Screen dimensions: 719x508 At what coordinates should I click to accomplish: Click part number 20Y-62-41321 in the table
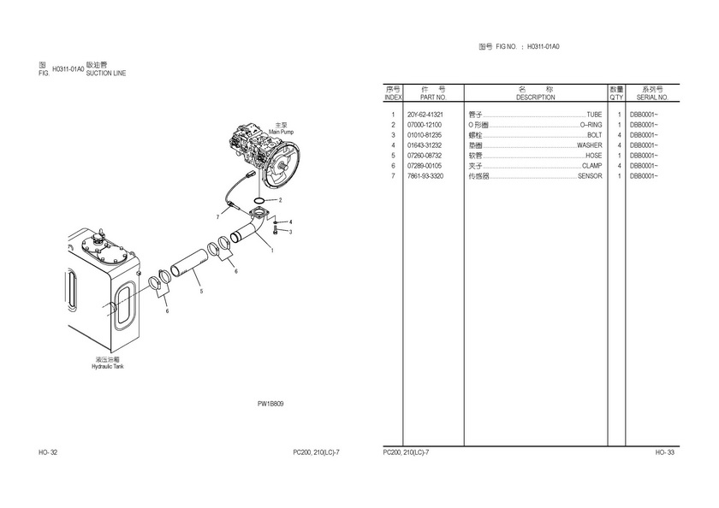point(425,115)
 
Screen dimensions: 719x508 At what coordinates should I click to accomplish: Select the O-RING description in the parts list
point(591,125)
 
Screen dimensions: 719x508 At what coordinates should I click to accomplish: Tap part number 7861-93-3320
point(425,176)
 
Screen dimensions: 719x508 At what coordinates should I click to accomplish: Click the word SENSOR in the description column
point(590,176)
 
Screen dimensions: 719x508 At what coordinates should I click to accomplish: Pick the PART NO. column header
point(433,97)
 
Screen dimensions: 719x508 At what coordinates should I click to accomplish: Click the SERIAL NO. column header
point(652,97)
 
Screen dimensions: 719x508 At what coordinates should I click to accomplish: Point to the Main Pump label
point(281,132)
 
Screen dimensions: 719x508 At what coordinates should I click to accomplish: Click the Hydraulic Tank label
point(107,366)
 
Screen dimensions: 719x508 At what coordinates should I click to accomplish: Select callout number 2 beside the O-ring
point(280,200)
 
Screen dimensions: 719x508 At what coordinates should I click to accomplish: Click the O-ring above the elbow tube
point(259,200)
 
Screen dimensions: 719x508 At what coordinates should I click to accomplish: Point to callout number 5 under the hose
point(201,292)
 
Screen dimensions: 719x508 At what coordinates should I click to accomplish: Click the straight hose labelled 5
point(188,263)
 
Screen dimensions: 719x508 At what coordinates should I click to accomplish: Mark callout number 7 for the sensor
point(217,217)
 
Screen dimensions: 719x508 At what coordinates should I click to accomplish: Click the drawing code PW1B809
point(270,404)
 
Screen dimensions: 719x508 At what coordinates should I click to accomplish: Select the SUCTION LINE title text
point(106,74)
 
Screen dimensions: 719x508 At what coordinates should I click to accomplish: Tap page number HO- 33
point(665,452)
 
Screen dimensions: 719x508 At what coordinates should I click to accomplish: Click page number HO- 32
point(48,452)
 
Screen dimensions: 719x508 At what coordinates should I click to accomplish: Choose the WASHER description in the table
point(589,145)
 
